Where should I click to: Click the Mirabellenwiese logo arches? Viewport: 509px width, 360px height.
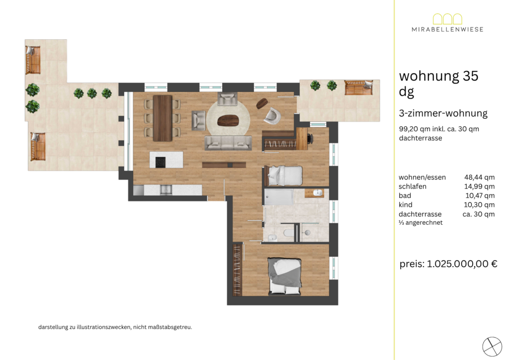point(447,19)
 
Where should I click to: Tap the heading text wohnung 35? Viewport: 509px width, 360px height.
point(438,76)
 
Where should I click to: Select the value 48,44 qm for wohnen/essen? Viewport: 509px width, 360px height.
point(480,177)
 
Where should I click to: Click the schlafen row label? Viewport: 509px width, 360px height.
point(412,186)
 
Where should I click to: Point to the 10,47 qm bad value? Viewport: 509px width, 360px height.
point(480,195)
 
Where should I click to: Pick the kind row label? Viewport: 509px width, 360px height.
point(406,204)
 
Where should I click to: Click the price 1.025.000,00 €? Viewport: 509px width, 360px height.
point(462,264)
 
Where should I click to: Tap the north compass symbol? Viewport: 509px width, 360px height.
point(492,347)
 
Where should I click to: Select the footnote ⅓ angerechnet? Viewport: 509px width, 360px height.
point(421,223)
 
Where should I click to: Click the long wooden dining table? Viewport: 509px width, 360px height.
point(163,118)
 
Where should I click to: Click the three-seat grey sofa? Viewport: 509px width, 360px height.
point(228,143)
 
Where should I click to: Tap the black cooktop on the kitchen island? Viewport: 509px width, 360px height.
point(161,162)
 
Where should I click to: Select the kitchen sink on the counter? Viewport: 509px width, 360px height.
point(166,189)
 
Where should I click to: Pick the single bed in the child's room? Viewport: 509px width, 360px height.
point(283,176)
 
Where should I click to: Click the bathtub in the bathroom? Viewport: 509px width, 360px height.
point(278,197)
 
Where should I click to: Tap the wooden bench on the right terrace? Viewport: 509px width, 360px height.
point(359,87)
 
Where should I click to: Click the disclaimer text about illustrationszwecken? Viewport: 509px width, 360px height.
point(115,327)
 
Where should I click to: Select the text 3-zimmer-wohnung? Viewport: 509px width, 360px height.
point(443,113)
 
